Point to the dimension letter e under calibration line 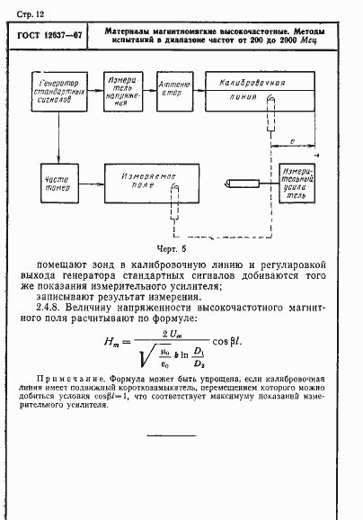pos(296,142)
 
